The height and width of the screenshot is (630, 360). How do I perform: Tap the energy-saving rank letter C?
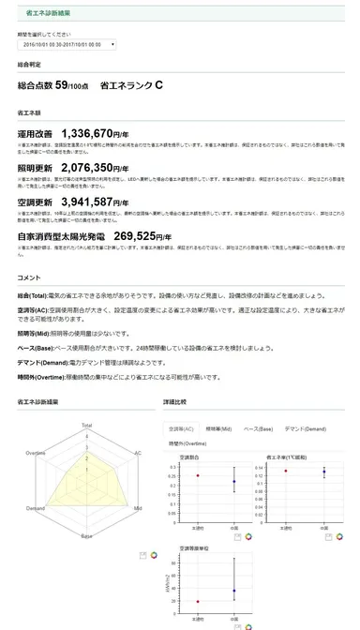click(157, 85)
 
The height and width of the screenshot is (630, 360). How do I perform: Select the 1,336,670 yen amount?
click(100, 133)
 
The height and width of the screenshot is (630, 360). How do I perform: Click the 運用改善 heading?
click(37, 134)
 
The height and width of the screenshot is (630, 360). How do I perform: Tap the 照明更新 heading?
click(37, 168)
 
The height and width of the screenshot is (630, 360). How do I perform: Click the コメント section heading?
click(28, 277)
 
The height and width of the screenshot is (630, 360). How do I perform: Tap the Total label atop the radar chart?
click(87, 424)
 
